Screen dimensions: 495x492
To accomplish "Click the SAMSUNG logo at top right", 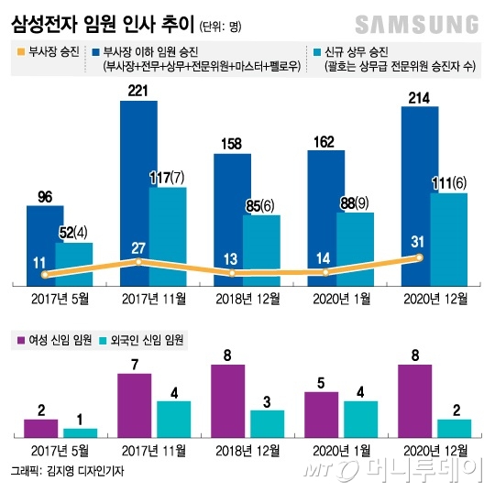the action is [x=417, y=25].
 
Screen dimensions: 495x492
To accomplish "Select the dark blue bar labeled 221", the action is [x=138, y=193].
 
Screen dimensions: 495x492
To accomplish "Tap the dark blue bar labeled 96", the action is [x=45, y=246].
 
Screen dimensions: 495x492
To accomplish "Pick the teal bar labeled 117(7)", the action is [x=168, y=236].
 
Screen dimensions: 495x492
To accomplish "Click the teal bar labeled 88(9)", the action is [x=355, y=249].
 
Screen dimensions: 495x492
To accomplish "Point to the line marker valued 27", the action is [x=138, y=262].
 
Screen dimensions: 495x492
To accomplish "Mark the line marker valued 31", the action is [x=419, y=257].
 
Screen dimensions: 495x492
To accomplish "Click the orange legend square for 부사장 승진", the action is [x=21, y=51].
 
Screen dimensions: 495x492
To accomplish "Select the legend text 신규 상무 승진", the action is [x=357, y=52].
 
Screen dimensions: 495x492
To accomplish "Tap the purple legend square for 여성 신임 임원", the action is [x=21, y=340].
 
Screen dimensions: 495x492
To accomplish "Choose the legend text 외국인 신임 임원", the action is [x=147, y=340].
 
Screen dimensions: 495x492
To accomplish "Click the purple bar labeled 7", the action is [x=135, y=406].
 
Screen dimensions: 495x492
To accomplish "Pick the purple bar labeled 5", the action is [x=322, y=415].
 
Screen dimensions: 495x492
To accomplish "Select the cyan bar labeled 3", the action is [x=268, y=424].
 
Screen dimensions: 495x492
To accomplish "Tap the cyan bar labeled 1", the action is [x=80, y=433].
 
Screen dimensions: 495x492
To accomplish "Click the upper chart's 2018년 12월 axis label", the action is [x=247, y=299].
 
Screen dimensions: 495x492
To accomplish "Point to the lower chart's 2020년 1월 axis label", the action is [x=342, y=451].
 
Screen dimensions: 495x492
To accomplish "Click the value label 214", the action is [x=419, y=98].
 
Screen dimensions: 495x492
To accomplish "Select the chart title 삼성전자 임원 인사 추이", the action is [x=103, y=24].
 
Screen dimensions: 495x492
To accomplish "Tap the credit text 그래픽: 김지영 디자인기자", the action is [x=67, y=471].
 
